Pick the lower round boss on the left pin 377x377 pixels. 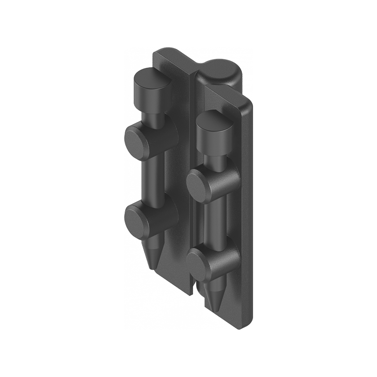click(137, 219)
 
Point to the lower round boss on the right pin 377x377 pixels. click(199, 264)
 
